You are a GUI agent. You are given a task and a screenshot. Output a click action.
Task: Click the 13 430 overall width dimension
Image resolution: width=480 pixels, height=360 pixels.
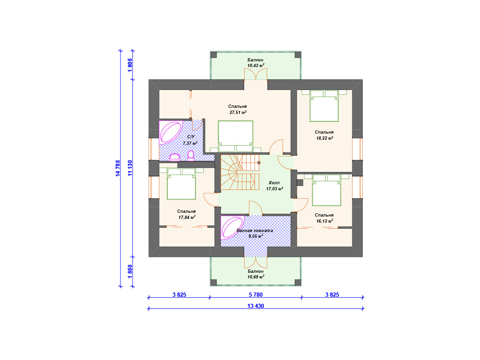tap(255, 306)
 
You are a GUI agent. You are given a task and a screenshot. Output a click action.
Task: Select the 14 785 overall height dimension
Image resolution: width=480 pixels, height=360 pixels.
tap(118, 168)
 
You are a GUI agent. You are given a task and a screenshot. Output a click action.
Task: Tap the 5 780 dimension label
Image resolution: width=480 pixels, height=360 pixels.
tap(255, 295)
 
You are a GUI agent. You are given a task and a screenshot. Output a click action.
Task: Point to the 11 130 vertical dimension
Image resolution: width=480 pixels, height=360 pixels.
tap(130, 168)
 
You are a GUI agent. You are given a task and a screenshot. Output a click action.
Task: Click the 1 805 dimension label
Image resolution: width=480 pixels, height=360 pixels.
tap(130, 65)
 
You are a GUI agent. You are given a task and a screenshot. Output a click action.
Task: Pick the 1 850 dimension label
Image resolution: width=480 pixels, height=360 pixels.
tap(130, 271)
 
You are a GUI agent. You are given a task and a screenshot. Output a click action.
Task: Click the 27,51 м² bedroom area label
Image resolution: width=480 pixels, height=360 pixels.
tap(238, 112)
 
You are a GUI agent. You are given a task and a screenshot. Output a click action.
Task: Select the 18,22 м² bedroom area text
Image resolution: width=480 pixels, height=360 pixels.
tap(324, 138)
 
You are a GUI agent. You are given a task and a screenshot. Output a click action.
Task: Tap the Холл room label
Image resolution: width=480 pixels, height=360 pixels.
tap(274, 183)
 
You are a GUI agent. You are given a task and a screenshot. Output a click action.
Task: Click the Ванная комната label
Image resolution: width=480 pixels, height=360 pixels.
tap(255, 231)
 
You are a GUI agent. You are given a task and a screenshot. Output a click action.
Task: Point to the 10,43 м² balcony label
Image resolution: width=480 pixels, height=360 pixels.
tap(255, 65)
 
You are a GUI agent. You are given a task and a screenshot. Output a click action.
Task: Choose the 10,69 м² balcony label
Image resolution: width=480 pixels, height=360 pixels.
tap(256, 277)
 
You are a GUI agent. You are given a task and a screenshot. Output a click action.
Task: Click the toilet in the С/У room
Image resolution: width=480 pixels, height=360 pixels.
tap(191, 156)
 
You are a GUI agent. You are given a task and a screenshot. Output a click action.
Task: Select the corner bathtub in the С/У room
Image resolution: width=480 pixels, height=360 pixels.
tap(170, 132)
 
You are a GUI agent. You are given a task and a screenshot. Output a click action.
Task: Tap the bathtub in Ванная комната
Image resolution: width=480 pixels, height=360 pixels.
tap(232, 227)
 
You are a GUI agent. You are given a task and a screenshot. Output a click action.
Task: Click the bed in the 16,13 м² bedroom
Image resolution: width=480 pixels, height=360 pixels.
tap(327, 190)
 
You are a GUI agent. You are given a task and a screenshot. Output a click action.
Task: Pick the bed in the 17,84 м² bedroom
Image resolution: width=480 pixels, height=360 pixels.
tap(181, 184)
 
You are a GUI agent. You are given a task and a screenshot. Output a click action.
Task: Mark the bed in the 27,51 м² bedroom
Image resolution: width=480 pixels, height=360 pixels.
tap(236, 136)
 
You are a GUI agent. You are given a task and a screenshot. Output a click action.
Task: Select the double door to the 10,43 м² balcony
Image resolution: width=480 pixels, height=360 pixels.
tap(255, 74)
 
